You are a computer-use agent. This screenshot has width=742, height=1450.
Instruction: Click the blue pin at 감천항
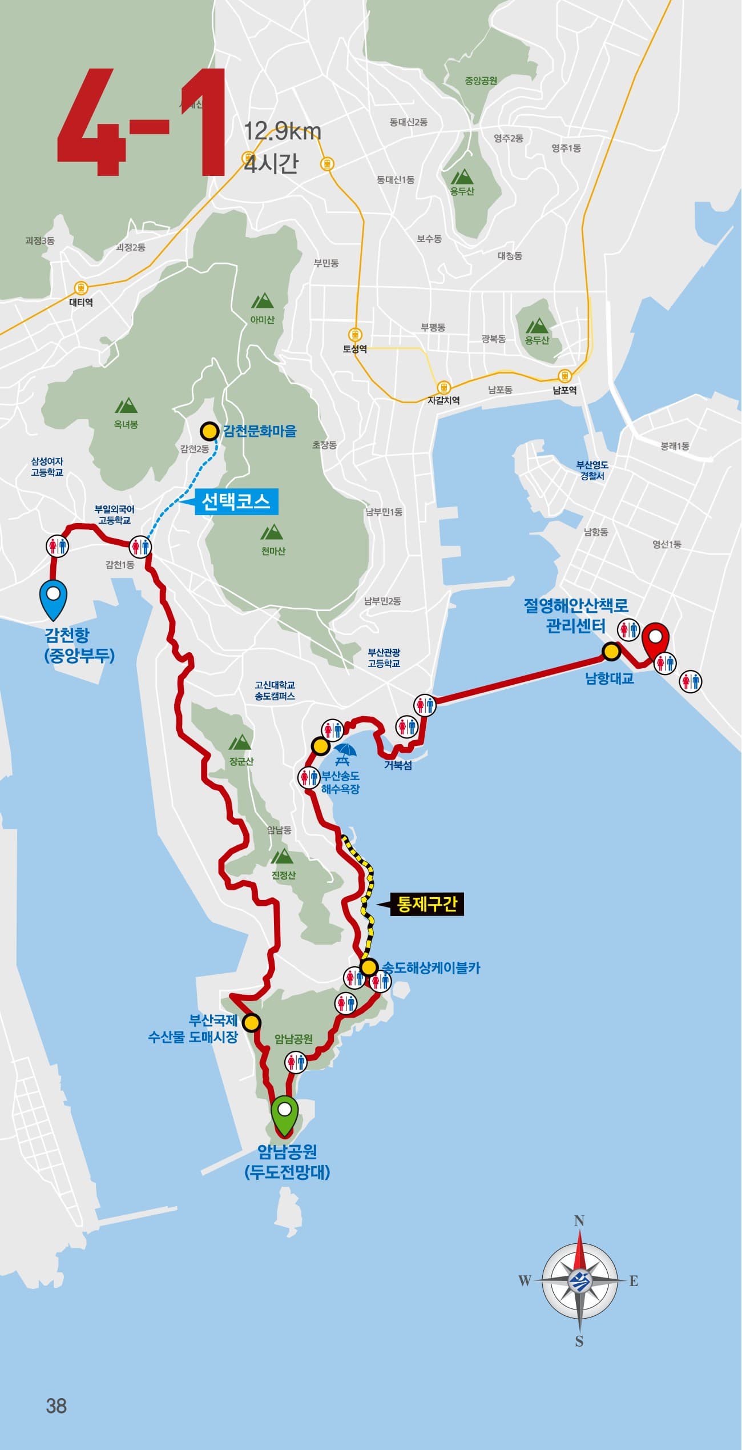[53, 599]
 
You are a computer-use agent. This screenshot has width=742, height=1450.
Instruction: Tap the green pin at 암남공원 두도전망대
[285, 1114]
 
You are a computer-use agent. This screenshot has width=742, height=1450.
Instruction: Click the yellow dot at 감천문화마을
[209, 430]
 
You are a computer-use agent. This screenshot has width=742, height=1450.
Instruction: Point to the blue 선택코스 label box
[236, 502]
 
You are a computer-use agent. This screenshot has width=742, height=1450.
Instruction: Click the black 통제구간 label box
[426, 905]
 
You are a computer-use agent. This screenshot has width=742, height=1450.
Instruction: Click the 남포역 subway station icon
[564, 376]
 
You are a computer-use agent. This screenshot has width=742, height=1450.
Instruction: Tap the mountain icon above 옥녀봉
[126, 406]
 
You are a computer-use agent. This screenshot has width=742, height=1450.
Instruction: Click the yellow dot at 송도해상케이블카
[369, 967]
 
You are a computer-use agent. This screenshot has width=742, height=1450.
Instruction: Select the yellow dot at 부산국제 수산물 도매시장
[250, 1022]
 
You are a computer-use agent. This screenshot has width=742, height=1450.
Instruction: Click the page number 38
[56, 1406]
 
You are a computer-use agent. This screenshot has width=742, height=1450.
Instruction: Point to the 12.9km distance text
[283, 132]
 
